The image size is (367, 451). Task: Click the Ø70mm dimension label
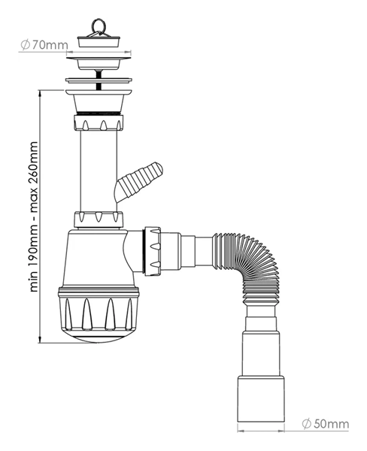tap(44, 45)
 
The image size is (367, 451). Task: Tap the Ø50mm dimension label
tap(326, 424)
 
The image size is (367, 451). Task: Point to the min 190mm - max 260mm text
tap(34, 216)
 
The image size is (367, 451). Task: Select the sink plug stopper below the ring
tap(99, 41)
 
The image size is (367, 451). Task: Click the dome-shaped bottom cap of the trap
tap(99, 336)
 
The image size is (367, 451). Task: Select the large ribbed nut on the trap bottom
tap(99, 309)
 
